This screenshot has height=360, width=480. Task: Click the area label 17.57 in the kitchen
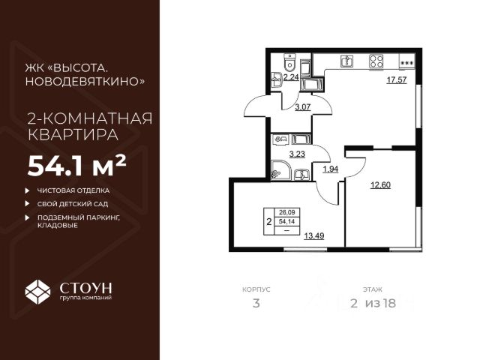click(x=396, y=82)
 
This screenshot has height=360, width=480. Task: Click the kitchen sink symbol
click(x=346, y=61)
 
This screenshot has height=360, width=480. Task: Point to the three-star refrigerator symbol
click(x=406, y=63)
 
